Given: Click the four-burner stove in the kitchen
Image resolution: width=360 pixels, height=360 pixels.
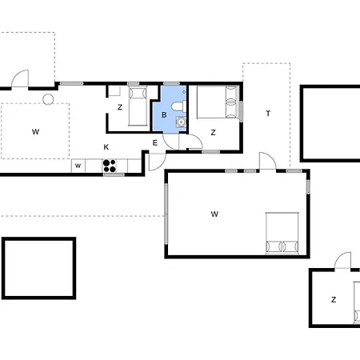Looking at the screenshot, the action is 110,166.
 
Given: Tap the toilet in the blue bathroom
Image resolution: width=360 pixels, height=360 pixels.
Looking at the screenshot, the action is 178,106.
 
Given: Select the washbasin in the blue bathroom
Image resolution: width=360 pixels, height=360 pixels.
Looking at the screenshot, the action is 181,122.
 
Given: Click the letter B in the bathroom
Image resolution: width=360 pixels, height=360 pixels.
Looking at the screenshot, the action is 164,115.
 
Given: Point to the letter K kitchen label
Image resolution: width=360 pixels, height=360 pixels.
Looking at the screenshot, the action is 106,147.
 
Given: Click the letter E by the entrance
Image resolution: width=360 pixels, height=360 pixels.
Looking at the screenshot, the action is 155,143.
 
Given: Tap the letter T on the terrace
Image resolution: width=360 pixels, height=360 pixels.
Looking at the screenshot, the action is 268,114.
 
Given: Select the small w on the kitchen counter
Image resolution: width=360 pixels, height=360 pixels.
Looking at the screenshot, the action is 78,166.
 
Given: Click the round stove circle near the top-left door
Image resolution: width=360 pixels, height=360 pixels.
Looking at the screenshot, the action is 48,99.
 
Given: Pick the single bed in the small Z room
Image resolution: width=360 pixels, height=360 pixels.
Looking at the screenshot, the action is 138,106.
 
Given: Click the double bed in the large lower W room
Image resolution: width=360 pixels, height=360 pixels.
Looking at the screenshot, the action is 282,234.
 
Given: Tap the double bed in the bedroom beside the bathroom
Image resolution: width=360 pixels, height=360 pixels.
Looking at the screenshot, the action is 217,102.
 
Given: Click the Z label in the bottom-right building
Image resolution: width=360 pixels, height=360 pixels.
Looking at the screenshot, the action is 334,300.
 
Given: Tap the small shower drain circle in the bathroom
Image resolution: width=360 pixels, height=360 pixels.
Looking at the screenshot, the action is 184,92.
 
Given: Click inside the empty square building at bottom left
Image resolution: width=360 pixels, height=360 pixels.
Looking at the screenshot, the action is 39,268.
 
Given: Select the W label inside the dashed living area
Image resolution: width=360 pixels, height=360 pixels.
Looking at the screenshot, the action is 35,132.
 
